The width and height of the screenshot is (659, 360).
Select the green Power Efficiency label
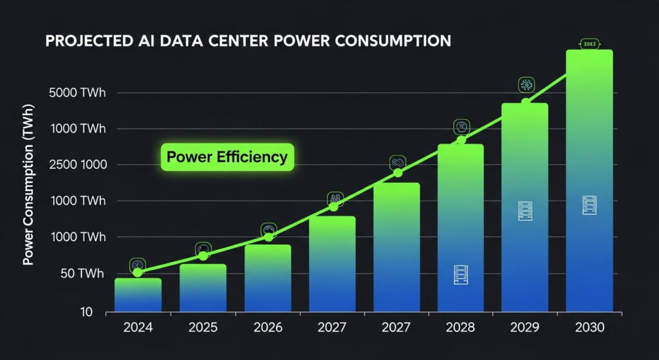(227, 156)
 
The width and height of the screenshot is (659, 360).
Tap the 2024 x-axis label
(138, 327)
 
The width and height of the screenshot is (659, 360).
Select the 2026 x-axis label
(267, 327)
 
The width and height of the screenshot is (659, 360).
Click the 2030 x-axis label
(589, 327)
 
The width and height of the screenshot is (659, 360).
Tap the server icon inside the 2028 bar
(461, 275)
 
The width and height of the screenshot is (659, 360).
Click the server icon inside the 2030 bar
(589, 205)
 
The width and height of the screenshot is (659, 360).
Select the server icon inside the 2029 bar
(525, 211)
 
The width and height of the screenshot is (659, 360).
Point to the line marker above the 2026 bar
(268, 238)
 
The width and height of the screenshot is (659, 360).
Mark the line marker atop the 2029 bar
(526, 102)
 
